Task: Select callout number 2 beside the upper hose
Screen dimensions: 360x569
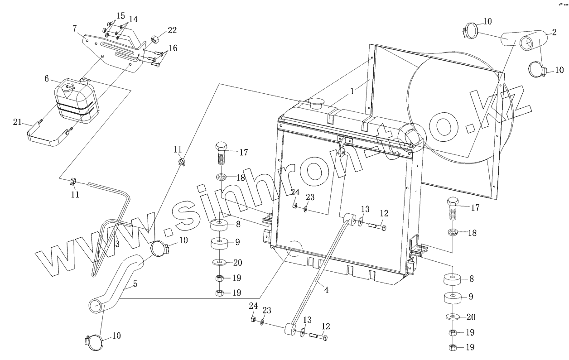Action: [554, 32]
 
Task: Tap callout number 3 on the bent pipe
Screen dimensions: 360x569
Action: [117, 244]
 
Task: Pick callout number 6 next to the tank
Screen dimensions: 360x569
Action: [47, 78]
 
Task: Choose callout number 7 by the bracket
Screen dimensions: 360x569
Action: [74, 29]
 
